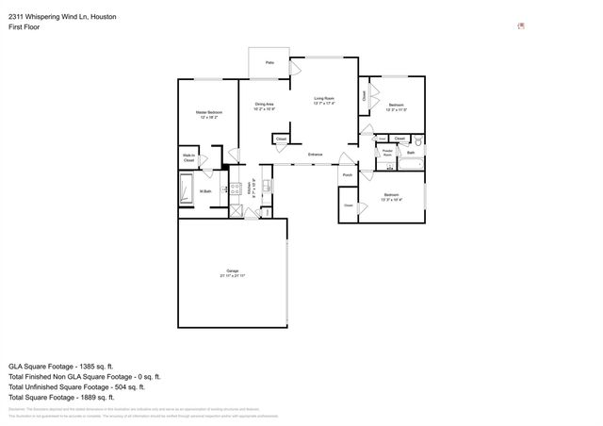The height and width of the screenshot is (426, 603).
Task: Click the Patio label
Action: coord(269,63)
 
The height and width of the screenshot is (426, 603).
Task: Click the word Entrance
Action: coord(315,154)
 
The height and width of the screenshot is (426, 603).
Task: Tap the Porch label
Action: coord(347,175)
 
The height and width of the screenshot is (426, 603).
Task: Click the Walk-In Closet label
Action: coord(188,158)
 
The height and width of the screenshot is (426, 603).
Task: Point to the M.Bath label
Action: coord(204,192)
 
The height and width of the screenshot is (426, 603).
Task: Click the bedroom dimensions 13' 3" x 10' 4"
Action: coord(391,200)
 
